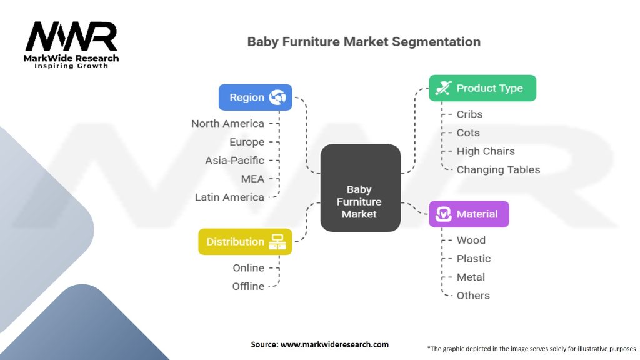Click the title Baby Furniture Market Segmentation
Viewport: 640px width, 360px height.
[x=364, y=42]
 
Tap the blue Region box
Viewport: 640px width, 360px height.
[x=256, y=97]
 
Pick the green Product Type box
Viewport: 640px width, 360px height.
[x=482, y=88]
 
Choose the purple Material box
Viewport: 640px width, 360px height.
[x=469, y=214]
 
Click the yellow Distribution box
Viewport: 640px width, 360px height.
[x=245, y=242]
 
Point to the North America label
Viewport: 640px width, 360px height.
[x=227, y=124]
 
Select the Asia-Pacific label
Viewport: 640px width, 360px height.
[x=234, y=161]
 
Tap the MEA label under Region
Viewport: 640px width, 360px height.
[x=252, y=179]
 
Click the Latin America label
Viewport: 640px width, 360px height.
[x=229, y=197]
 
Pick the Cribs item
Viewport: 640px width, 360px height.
[x=469, y=114]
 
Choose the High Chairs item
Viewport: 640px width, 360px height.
[x=486, y=151]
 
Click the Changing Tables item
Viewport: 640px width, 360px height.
[x=498, y=169]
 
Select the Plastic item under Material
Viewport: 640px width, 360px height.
[x=473, y=259]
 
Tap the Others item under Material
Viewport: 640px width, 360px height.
[x=473, y=296]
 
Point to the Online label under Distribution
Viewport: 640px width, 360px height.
[x=248, y=268]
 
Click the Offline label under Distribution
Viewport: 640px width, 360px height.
[x=248, y=286]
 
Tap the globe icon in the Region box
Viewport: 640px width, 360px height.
[x=277, y=97]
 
